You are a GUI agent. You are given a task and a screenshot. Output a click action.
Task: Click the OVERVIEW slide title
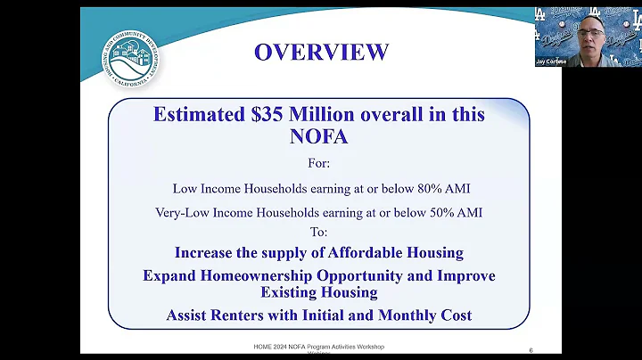[x=321, y=52]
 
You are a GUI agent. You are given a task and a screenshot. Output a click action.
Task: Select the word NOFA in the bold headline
[x=318, y=136]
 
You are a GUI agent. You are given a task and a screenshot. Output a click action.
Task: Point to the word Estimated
[x=194, y=114]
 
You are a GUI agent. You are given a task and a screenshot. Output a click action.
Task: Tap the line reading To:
[x=318, y=232]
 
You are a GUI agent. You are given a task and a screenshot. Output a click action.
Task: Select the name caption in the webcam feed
[x=553, y=61]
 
